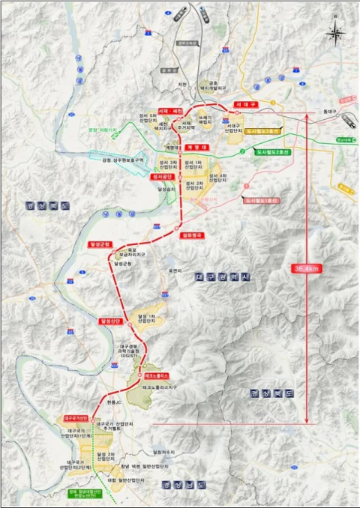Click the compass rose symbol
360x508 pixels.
click(x=335, y=32)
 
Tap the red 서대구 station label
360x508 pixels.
click(x=246, y=104)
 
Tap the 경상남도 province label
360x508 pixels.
click(x=177, y=486)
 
